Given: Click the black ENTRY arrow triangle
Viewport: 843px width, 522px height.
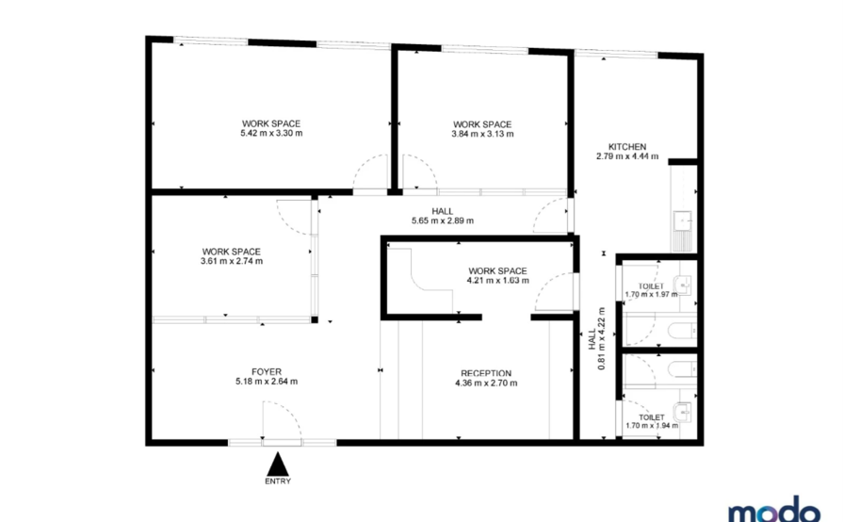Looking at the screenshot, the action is click(x=278, y=464).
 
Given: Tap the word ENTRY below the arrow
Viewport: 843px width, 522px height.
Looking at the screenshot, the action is click(x=278, y=481).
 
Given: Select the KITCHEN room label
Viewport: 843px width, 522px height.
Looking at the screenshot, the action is click(x=627, y=147).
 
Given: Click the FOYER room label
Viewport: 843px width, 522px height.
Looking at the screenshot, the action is click(x=267, y=372).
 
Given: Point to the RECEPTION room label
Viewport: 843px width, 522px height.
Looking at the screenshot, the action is click(x=486, y=374).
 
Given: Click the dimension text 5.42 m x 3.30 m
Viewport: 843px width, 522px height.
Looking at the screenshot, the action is click(x=271, y=133).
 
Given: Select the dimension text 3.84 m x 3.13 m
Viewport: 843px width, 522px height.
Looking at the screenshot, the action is click(x=482, y=134).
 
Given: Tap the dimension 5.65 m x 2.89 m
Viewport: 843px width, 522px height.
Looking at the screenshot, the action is click(x=443, y=220).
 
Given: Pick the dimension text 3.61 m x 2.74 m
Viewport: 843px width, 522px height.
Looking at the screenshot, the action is click(x=232, y=261).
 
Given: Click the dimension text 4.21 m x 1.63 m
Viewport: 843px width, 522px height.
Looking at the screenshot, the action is click(x=498, y=281).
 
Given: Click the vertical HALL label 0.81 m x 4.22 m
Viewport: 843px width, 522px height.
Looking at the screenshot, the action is click(x=597, y=338).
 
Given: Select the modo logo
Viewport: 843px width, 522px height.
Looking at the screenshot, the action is click(x=774, y=510).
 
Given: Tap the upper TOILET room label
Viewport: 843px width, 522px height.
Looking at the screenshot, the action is click(x=651, y=286).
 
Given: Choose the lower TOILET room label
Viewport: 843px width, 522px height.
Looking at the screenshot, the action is click(x=652, y=417).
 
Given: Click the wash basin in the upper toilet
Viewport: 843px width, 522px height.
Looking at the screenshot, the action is click(x=682, y=285).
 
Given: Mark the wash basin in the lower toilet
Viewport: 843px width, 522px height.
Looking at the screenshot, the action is click(x=683, y=413).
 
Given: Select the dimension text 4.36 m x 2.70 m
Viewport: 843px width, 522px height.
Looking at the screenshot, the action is click(x=486, y=383).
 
